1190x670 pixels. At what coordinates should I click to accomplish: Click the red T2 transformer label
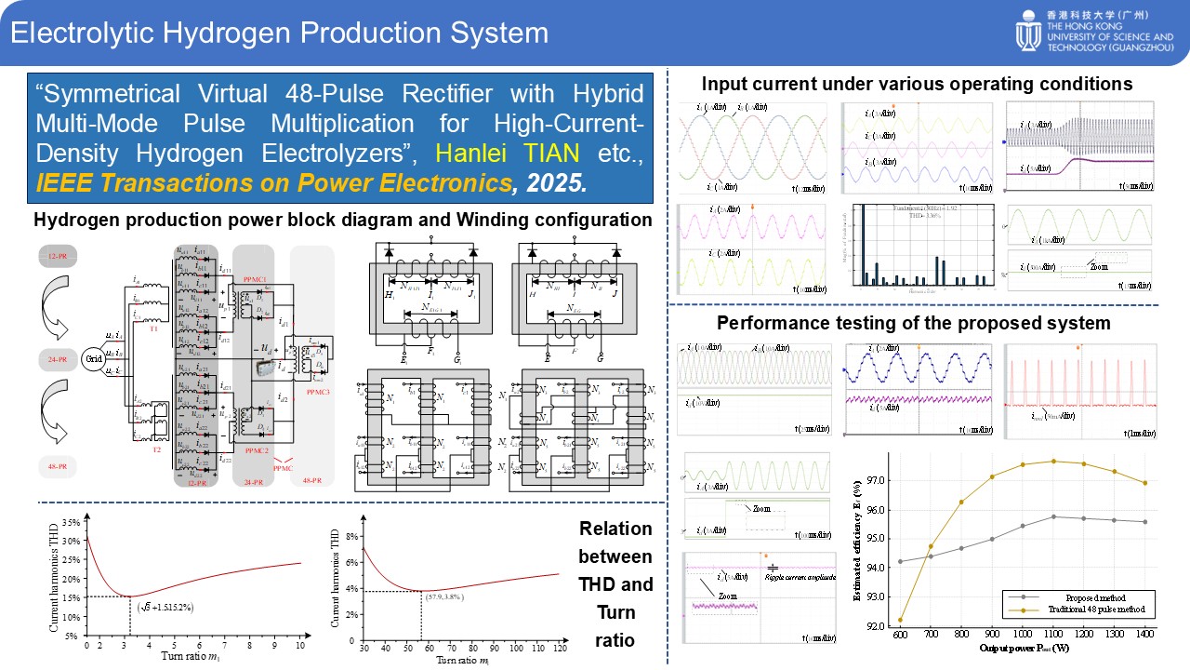[156, 448]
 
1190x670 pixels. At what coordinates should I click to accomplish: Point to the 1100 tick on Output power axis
[1053, 635]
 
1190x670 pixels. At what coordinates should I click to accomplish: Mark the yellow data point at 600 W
[900, 620]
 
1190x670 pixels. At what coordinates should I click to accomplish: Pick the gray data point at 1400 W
[1144, 522]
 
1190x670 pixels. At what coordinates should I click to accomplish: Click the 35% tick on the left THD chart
[69, 522]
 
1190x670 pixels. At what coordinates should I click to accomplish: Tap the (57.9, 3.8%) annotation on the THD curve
[457, 596]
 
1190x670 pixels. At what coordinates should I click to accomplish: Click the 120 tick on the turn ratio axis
[559, 647]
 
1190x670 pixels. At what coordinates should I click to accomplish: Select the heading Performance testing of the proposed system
[914, 324]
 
